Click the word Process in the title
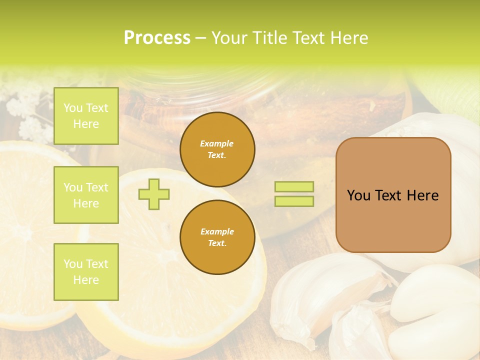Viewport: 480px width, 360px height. [x=157, y=38]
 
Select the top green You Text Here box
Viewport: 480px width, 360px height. [x=86, y=116]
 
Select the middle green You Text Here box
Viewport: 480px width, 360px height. [x=86, y=195]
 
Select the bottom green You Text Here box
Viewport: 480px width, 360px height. [x=86, y=272]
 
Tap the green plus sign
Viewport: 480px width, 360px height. [x=154, y=193]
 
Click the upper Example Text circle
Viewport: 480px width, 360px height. [x=217, y=149]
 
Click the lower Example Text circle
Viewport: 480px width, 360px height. [x=217, y=237]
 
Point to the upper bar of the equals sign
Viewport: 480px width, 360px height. [x=294, y=186]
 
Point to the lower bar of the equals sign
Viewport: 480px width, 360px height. [x=294, y=201]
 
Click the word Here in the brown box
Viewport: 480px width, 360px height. [x=422, y=195]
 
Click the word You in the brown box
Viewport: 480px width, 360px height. [x=358, y=195]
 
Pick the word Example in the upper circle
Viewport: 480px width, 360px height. [x=217, y=144]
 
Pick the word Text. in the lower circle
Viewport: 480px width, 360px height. [x=217, y=243]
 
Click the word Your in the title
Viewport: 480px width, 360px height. [x=229, y=38]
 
